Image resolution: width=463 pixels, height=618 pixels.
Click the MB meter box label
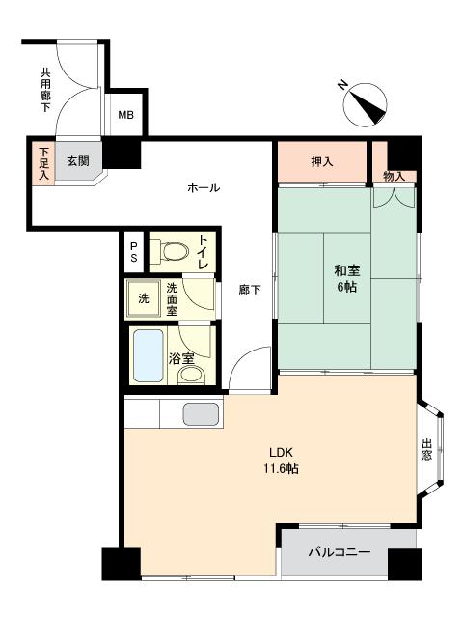pyautogui.click(x=126, y=115)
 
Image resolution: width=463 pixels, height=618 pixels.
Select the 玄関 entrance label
pyautogui.click(x=78, y=161)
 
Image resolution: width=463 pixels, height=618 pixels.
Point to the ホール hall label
pyautogui.click(x=204, y=187)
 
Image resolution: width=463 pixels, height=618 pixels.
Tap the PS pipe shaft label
pyautogui.click(x=134, y=252)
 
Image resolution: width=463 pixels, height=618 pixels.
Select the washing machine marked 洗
pyautogui.click(x=144, y=298)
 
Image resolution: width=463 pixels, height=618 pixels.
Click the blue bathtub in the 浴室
pyautogui.click(x=149, y=355)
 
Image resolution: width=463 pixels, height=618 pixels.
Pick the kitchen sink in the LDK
pyautogui.click(x=201, y=414)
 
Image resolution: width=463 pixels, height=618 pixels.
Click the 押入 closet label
pyautogui.click(x=322, y=161)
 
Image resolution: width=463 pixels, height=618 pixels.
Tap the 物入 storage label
pyautogui.click(x=395, y=176)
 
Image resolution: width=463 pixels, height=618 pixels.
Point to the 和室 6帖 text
pyautogui.click(x=347, y=279)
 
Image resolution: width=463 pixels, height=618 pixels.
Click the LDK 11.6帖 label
pyautogui.click(x=281, y=461)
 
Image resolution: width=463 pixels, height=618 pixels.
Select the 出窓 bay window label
pyautogui.click(x=427, y=449)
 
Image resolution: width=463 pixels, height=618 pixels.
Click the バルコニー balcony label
pyautogui.click(x=340, y=551)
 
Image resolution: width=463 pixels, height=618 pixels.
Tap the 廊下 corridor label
pyautogui.click(x=250, y=290)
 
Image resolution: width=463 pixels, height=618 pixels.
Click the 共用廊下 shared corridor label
pyautogui.click(x=45, y=90)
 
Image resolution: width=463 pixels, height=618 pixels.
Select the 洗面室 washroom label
pyautogui.click(x=172, y=299)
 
